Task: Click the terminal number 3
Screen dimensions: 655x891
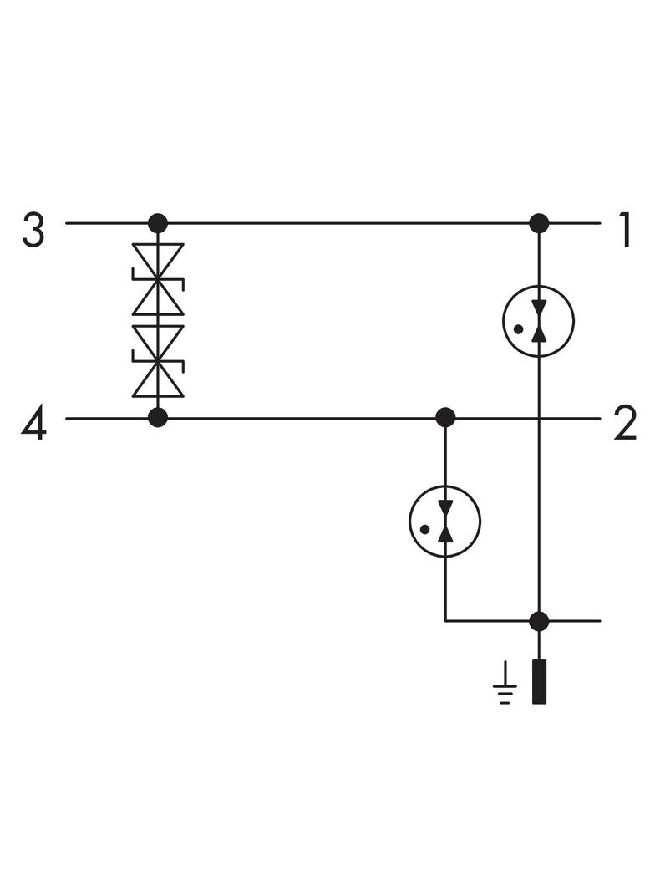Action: pos(33,230)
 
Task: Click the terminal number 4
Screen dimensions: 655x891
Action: pos(33,425)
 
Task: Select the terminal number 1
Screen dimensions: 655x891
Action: pos(625,230)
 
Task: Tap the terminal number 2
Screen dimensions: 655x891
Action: pos(626,425)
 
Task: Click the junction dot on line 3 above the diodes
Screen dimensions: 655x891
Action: pos(157,223)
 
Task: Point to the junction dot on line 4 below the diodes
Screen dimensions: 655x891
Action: pos(157,418)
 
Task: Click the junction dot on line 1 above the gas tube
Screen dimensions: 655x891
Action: pos(539,223)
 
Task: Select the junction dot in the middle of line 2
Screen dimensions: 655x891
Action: pos(445,418)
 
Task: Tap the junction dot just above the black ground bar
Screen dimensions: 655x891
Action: pos(539,621)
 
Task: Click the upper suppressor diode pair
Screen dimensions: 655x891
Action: pos(157,279)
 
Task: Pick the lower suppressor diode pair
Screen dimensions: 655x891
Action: pos(157,361)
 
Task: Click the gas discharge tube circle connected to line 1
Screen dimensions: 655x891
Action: pos(539,321)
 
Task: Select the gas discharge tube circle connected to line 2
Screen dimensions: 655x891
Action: pos(445,521)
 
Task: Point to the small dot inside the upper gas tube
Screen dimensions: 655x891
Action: pos(518,329)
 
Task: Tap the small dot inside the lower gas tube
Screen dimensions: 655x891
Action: pos(424,529)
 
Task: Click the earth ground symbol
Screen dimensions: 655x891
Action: pos(505,685)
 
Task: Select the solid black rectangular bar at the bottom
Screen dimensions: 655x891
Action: pos(539,682)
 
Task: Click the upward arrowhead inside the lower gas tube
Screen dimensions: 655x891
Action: pos(445,532)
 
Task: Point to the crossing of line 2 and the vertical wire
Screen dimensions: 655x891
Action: pos(539,418)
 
